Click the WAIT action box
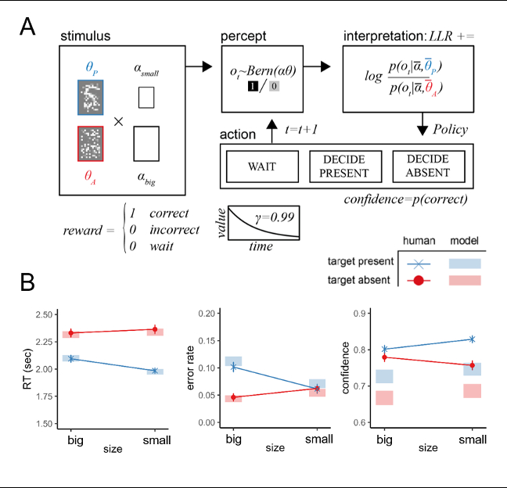coord(261,166)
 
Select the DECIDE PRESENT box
coord(343,166)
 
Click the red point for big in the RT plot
coord(72,333)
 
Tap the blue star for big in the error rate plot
coord(233,367)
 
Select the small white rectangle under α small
coord(146,97)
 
